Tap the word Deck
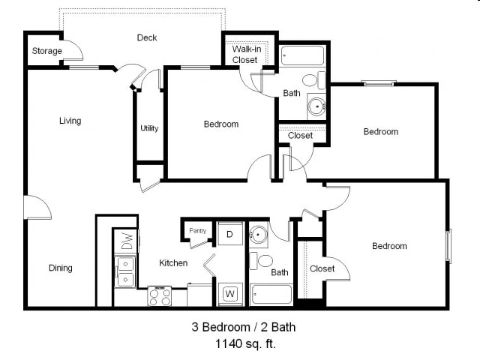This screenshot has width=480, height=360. point(147,37)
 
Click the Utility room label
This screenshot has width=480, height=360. point(149,128)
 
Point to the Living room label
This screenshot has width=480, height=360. point(70,121)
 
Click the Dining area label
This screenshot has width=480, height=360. point(61,268)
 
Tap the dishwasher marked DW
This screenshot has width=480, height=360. point(127,241)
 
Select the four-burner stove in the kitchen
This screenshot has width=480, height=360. point(159,296)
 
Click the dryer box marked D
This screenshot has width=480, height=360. point(230,233)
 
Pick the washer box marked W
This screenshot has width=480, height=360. point(230,293)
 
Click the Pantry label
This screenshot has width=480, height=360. point(198,231)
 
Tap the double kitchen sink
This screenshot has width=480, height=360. point(125,271)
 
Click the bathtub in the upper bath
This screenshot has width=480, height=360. point(302,56)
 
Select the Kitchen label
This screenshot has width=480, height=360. point(173,262)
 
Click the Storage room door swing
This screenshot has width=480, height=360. point(73,52)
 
